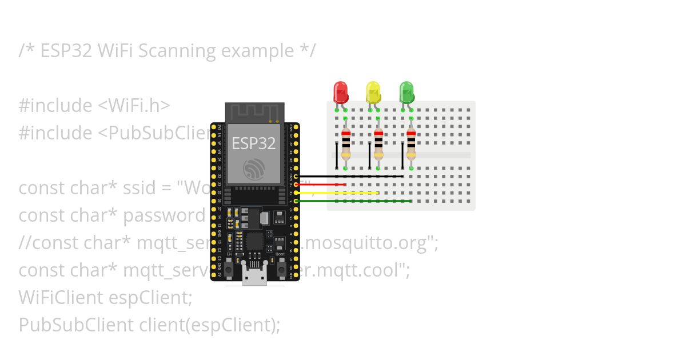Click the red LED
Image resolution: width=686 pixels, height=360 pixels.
point(341,91)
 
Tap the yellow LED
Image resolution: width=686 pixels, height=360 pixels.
point(373,92)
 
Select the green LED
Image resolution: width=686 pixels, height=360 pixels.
point(406,92)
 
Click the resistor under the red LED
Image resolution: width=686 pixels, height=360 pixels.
point(345,143)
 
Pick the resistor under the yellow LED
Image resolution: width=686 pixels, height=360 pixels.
point(378,143)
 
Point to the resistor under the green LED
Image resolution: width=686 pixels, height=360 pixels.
point(411,143)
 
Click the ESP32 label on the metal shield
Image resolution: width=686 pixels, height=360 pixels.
point(254,143)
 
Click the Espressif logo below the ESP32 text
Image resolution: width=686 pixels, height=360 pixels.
point(254,170)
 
